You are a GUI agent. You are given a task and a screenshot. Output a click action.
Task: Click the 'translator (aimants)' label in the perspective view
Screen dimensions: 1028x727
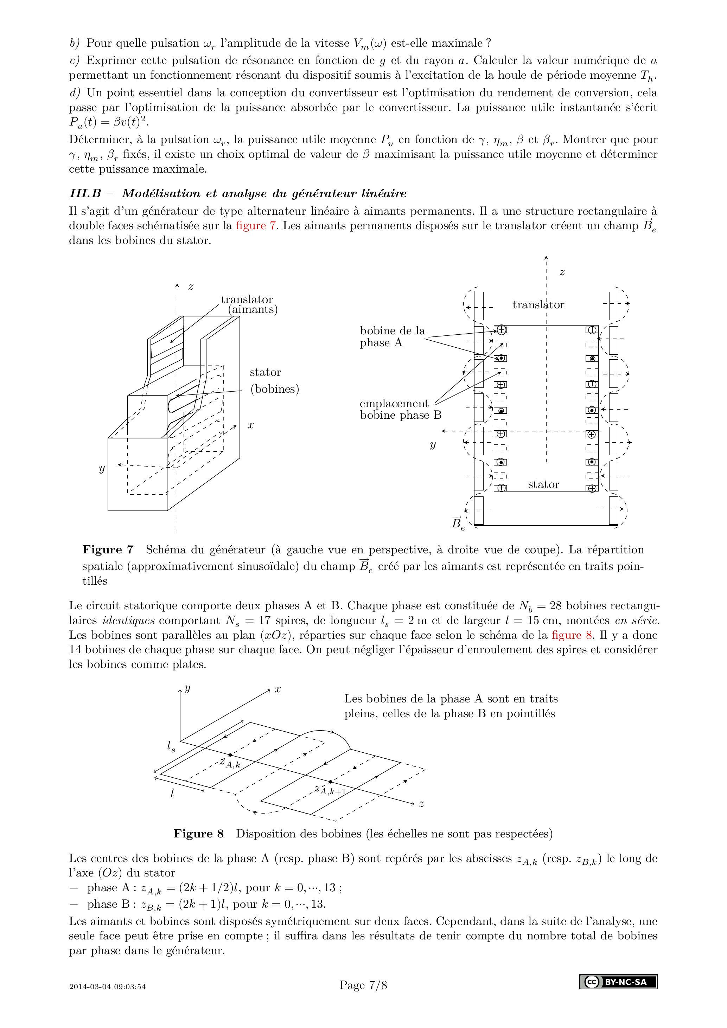249,304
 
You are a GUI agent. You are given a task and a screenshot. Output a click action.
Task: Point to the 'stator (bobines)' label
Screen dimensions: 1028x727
274,380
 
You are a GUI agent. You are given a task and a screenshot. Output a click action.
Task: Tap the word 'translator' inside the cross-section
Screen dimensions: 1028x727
538,305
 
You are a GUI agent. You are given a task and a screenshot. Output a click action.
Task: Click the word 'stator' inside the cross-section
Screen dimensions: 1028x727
543,484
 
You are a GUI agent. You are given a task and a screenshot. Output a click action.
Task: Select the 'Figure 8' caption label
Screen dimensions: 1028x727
198,834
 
